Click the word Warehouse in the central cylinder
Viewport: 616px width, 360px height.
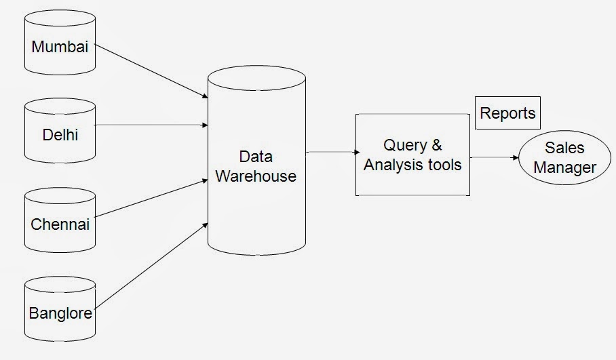(255, 176)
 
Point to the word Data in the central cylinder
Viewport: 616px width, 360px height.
(256, 157)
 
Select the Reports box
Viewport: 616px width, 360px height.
(507, 113)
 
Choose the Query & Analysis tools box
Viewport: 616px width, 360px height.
(412, 155)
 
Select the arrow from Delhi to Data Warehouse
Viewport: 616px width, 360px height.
(151, 125)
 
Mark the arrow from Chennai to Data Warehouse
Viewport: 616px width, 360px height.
(151, 198)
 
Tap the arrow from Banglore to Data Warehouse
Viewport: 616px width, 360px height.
(151, 264)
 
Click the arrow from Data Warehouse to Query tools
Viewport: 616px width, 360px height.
(332, 153)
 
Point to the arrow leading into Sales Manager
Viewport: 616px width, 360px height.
(495, 158)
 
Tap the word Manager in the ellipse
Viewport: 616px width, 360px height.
(564, 167)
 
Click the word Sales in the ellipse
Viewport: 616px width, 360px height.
(564, 148)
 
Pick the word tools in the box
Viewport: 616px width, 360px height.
(444, 165)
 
